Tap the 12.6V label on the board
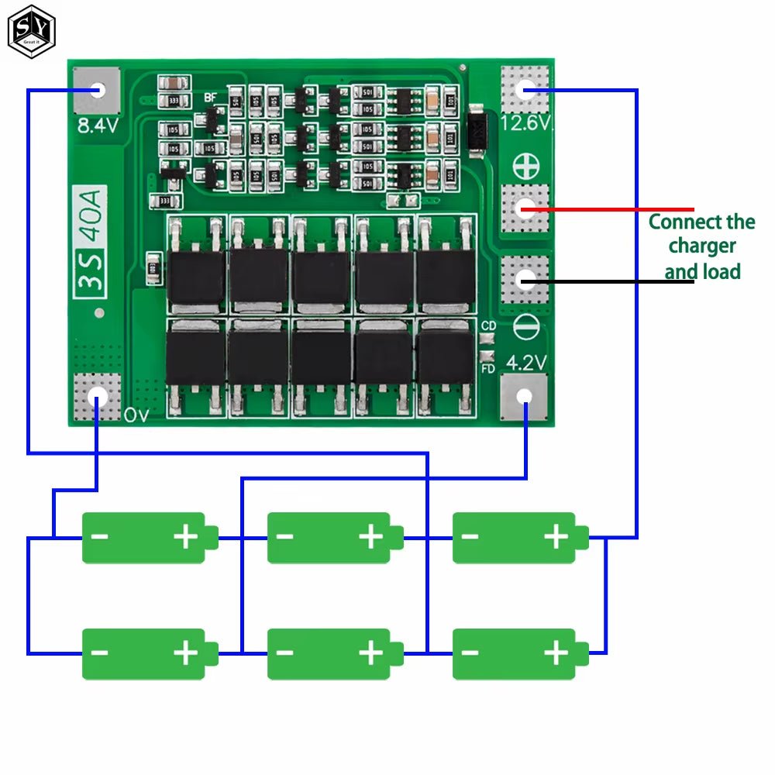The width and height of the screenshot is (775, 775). click(x=525, y=123)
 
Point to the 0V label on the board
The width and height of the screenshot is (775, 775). click(x=136, y=415)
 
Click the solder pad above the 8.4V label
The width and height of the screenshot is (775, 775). click(x=97, y=90)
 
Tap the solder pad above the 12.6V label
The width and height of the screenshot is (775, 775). click(x=525, y=90)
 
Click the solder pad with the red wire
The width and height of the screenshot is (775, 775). click(x=525, y=208)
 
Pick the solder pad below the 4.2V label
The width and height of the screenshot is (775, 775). click(x=525, y=397)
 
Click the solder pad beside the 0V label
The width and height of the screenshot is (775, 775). click(x=97, y=397)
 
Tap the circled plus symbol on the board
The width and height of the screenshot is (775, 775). click(x=525, y=165)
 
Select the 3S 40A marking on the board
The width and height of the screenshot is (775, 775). click(x=91, y=240)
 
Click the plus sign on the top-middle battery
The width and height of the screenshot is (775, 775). click(x=370, y=537)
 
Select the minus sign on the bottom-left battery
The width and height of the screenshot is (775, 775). click(x=100, y=653)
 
